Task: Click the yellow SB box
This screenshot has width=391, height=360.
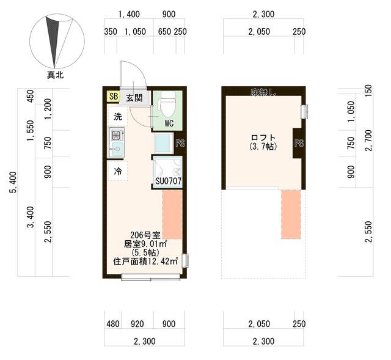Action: pos(113,97)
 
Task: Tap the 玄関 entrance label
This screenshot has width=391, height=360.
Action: pos(134,97)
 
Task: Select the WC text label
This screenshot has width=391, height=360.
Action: pos(170,122)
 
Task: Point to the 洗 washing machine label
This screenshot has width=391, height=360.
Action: pos(118,116)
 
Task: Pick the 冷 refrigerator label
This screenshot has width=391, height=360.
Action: pos(119,172)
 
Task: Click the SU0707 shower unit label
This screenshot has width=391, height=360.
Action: pos(167,181)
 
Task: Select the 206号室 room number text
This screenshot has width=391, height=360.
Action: pos(145,235)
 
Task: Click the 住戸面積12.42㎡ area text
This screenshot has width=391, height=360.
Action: pos(145,261)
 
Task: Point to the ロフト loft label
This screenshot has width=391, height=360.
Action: pos(263,138)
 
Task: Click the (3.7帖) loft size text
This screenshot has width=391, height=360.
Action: pos(263,147)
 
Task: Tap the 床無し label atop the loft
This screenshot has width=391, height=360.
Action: pos(263,92)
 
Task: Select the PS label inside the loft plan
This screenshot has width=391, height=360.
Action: pos(299,144)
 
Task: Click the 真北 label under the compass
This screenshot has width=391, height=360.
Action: pos(56,75)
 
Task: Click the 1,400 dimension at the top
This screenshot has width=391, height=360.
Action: pos(130,14)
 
